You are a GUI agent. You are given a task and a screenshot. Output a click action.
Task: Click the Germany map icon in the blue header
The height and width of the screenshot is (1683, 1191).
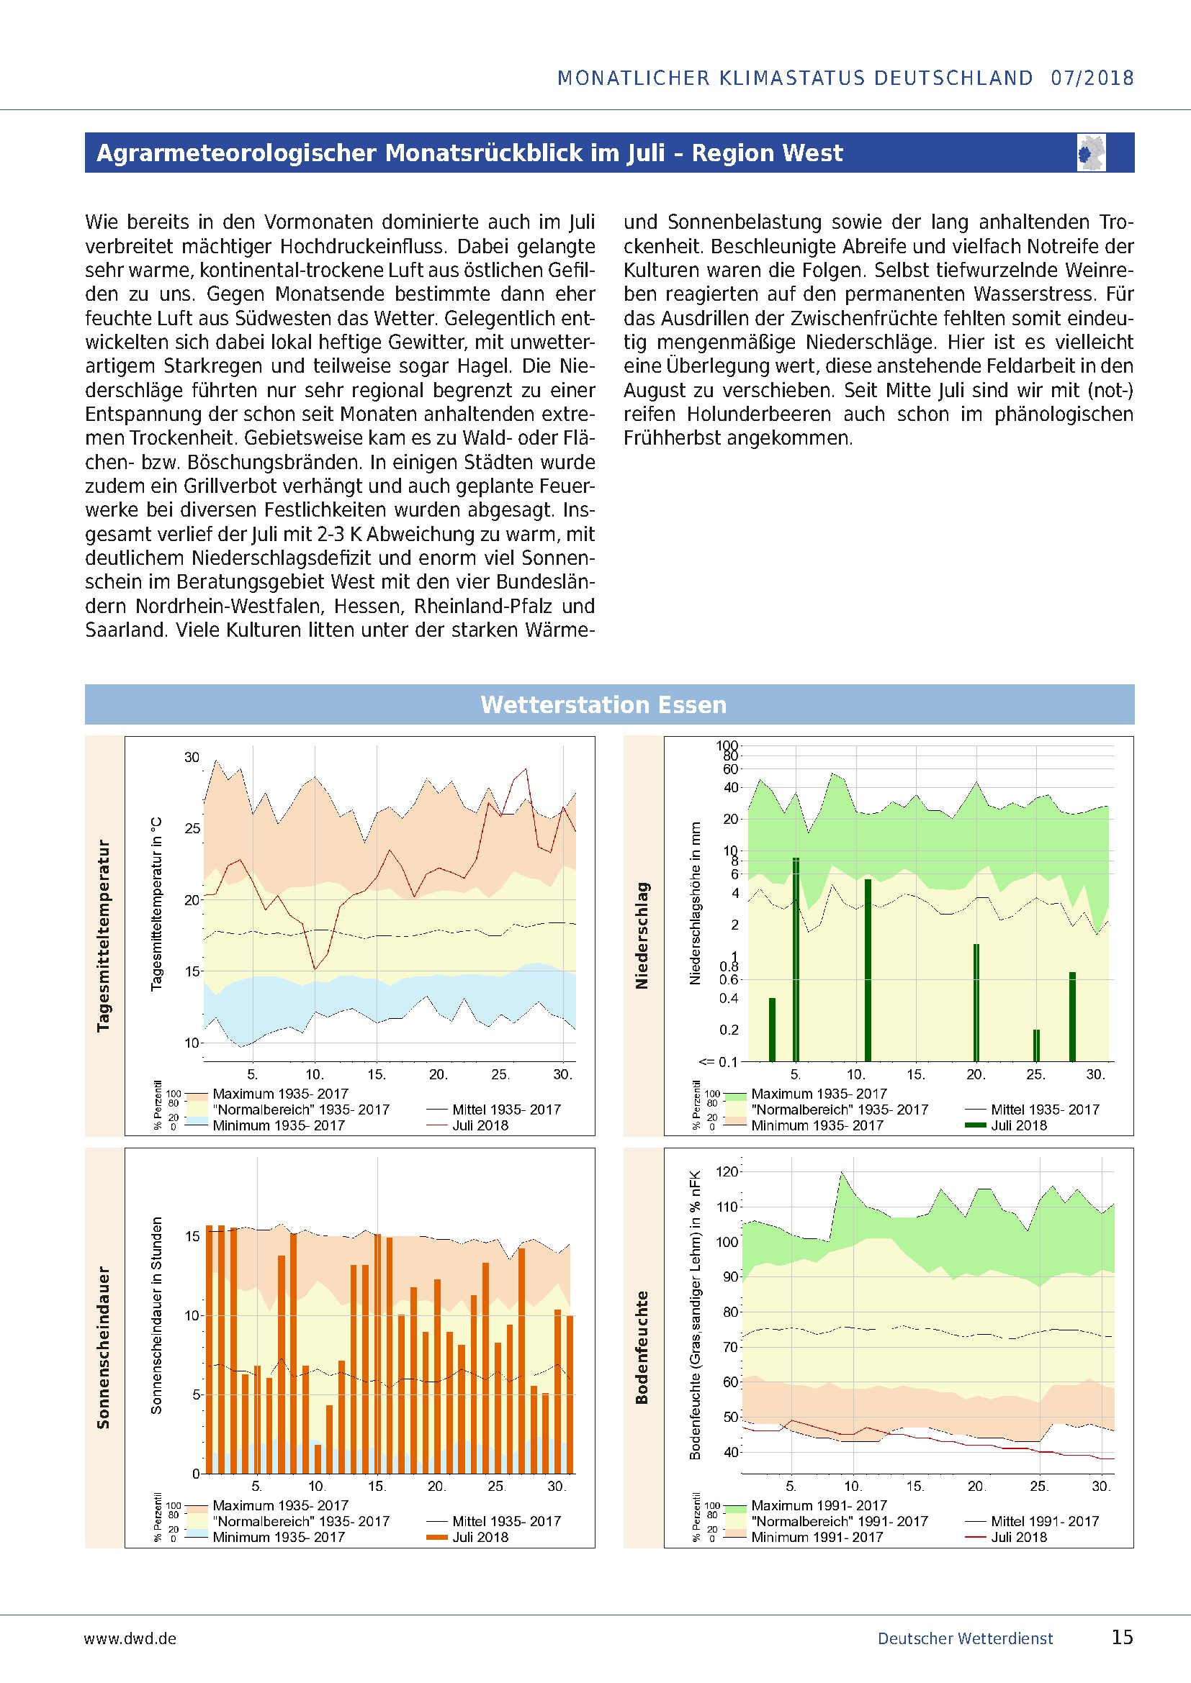click(x=1091, y=153)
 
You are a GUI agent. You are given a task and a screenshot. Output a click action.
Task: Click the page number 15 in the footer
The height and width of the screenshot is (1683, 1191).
click(x=1122, y=1637)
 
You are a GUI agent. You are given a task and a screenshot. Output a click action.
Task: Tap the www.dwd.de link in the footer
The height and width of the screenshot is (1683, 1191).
click(x=130, y=1638)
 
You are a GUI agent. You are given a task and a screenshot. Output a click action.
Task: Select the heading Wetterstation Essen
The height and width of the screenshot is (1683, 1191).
click(x=603, y=704)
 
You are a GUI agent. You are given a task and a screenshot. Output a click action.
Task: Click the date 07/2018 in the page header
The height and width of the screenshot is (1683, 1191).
click(x=1092, y=78)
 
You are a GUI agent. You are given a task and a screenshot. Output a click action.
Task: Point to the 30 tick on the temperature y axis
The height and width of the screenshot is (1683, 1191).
click(x=192, y=757)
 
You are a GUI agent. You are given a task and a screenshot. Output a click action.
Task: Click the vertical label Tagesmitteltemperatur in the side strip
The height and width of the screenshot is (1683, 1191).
click(x=104, y=935)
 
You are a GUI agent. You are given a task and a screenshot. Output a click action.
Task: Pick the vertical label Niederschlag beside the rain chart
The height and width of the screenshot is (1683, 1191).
click(x=642, y=935)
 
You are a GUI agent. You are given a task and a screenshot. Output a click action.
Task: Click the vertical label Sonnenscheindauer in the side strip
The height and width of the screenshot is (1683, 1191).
click(x=104, y=1347)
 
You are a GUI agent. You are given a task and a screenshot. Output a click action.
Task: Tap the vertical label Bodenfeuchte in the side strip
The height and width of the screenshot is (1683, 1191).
click(x=642, y=1347)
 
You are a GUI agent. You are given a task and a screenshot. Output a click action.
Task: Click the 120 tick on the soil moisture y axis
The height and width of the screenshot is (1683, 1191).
click(x=727, y=1171)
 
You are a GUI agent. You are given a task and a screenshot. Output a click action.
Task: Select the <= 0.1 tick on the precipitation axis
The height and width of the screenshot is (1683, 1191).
click(x=718, y=1061)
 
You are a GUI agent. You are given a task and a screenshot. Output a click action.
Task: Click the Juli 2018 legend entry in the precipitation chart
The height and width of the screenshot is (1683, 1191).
click(x=1019, y=1125)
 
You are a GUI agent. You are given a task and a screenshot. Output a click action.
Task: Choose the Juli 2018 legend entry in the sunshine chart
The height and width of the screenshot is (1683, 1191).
click(x=480, y=1537)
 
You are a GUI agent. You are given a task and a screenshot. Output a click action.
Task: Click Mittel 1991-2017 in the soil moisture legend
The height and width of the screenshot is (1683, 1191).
click(x=1044, y=1521)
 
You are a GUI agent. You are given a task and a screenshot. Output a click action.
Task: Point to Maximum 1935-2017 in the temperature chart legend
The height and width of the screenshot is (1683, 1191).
click(x=280, y=1094)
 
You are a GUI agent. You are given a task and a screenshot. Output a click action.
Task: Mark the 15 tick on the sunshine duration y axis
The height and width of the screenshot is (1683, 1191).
click(x=192, y=1236)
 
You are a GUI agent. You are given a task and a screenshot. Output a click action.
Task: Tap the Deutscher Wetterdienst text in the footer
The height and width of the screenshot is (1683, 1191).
click(x=964, y=1638)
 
